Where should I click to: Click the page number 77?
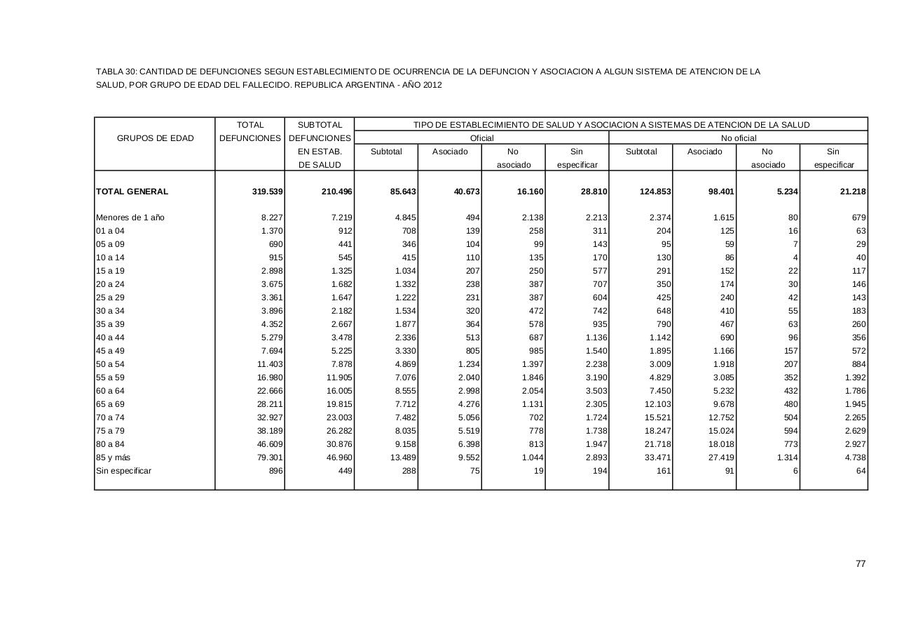861,563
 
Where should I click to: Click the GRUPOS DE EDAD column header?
155,138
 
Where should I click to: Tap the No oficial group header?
739,138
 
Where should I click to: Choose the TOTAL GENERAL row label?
132,192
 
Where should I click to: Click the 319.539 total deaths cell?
267,192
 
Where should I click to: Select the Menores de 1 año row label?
130,218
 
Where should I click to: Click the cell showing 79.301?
270,457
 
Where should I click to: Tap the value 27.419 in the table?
720,457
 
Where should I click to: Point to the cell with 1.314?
786,457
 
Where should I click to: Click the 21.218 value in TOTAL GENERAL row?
851,192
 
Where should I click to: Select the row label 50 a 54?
110,364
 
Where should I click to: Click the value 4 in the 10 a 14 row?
795,258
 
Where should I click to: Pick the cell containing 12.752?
720,417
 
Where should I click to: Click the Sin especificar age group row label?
123,471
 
